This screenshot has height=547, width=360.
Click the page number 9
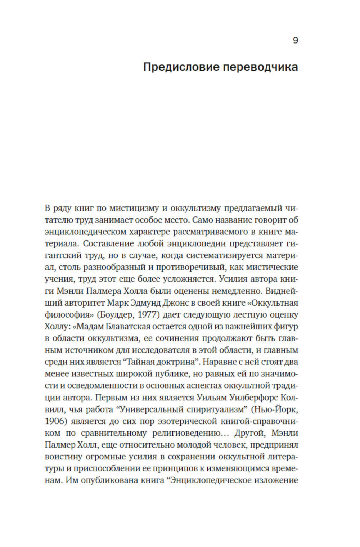tap(295, 40)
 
